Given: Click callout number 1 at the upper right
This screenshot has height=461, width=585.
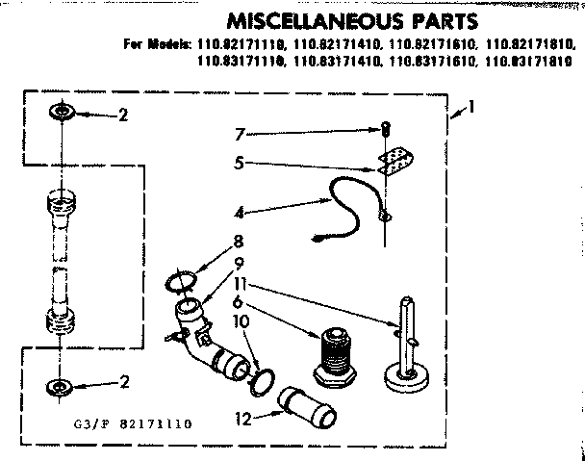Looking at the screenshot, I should coord(471,109).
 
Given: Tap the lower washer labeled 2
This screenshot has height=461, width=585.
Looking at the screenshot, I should coord(60,388).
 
